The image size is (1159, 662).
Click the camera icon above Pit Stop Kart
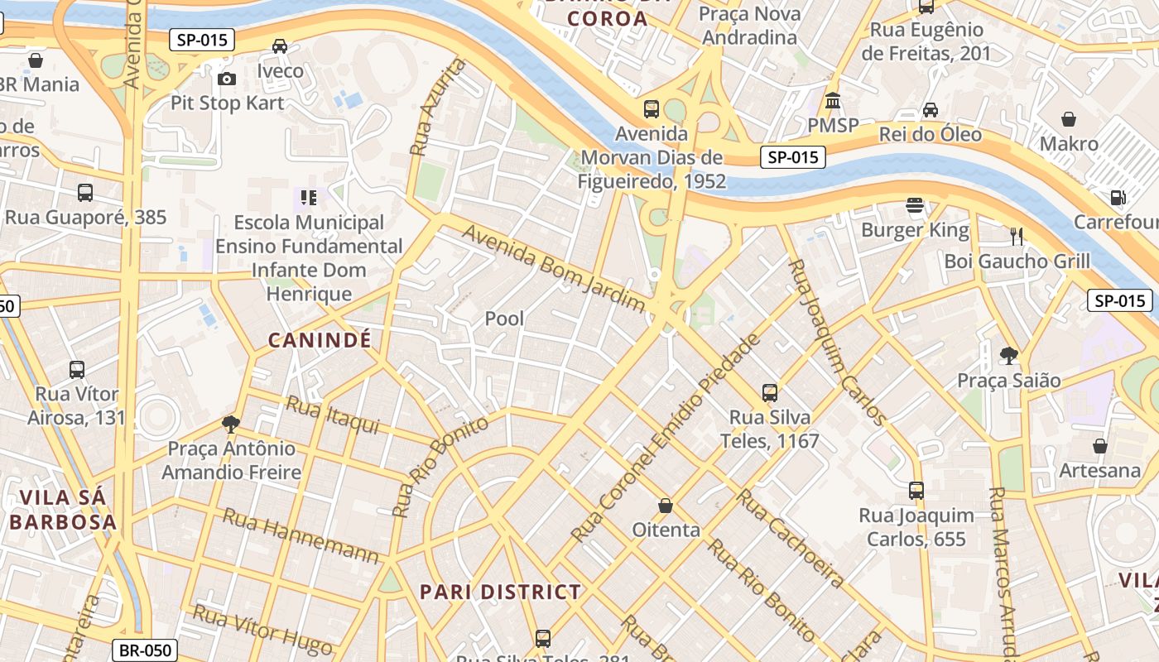click(226, 79)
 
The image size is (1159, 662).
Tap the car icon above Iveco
click(280, 46)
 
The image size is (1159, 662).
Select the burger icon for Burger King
click(915, 205)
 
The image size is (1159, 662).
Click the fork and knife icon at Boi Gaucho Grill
click(1017, 237)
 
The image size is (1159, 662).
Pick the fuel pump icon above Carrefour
click(1118, 198)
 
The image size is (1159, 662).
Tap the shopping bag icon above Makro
click(1069, 119)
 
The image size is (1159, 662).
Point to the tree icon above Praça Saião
click(1008, 356)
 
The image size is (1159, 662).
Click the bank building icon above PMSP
click(833, 100)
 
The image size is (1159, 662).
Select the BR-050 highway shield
click(146, 650)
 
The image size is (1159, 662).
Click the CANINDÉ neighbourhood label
click(320, 340)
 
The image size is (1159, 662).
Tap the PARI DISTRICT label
click(500, 592)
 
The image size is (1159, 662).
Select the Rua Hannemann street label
click(301, 535)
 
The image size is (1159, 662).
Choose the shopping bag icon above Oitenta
click(666, 505)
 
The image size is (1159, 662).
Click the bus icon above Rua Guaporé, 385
click(85, 193)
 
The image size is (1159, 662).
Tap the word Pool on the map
click(504, 319)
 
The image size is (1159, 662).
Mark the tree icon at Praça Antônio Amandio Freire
click(231, 425)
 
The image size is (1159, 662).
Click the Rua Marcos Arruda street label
click(1003, 571)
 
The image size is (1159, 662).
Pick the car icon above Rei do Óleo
click(931, 110)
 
